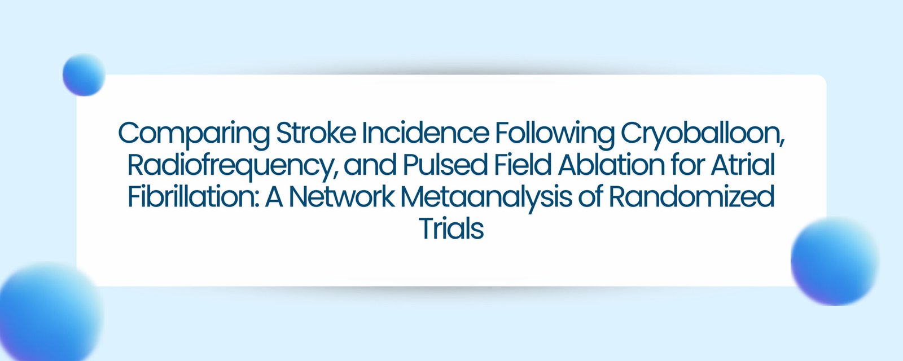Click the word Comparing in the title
(x=194, y=135)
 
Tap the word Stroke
(x=316, y=133)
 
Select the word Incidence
(x=426, y=133)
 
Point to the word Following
(x=555, y=135)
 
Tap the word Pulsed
(x=445, y=165)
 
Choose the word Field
(x=523, y=165)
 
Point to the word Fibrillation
(x=193, y=197)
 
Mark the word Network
(x=342, y=197)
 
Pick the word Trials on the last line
(x=451, y=229)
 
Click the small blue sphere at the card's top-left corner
(x=84, y=75)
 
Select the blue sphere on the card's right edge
(x=835, y=261)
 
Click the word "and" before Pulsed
(x=370, y=165)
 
